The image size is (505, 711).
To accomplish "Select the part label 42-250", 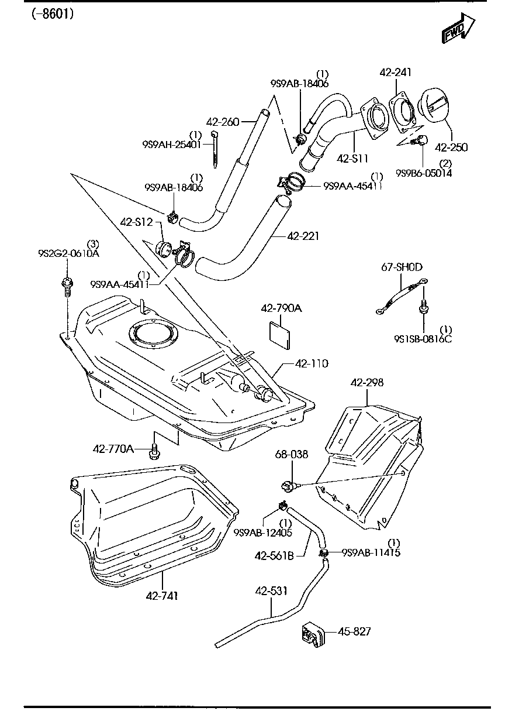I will [451, 147].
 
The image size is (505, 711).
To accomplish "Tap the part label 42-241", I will [395, 73].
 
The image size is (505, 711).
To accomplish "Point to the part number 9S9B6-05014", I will [424, 173].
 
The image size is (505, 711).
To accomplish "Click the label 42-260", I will [223, 122].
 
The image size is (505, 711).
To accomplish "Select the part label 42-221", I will [303, 236].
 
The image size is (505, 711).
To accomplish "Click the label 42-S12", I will [136, 222].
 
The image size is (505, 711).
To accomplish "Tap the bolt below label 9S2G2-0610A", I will [67, 287].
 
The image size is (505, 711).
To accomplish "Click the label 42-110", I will [311, 363].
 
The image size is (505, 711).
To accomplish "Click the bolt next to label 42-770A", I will [155, 451].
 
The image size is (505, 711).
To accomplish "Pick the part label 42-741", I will [162, 596].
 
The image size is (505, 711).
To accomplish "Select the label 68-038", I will [292, 454].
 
